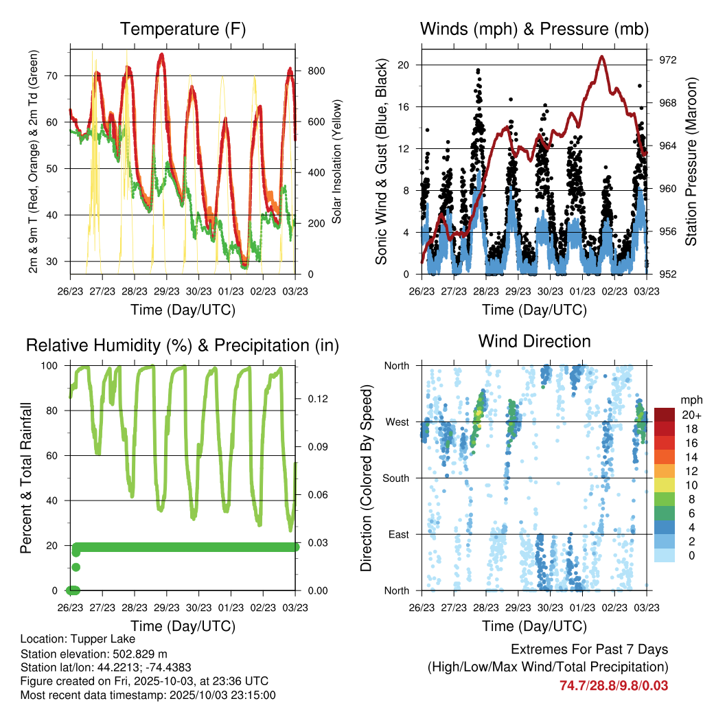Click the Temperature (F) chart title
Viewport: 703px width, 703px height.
(x=183, y=29)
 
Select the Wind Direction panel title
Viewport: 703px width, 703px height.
(x=534, y=341)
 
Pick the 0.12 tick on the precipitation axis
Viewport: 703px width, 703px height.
(x=312, y=399)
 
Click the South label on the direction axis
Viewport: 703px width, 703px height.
(x=396, y=478)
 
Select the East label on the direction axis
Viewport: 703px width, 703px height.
(x=398, y=534)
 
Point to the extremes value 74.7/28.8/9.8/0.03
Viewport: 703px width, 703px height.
(x=614, y=685)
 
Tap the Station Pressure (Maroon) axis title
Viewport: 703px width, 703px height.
(x=691, y=161)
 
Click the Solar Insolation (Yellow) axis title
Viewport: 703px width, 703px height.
(x=337, y=161)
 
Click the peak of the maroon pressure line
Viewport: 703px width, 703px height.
(x=602, y=56)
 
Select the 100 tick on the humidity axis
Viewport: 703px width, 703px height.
(x=55, y=365)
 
